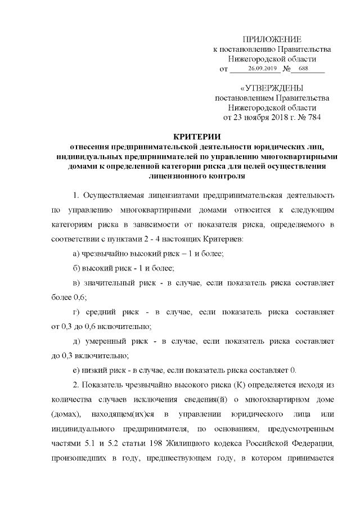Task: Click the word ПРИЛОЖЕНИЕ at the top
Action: [x=272, y=39]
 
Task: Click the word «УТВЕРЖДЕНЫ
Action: [x=272, y=88]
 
